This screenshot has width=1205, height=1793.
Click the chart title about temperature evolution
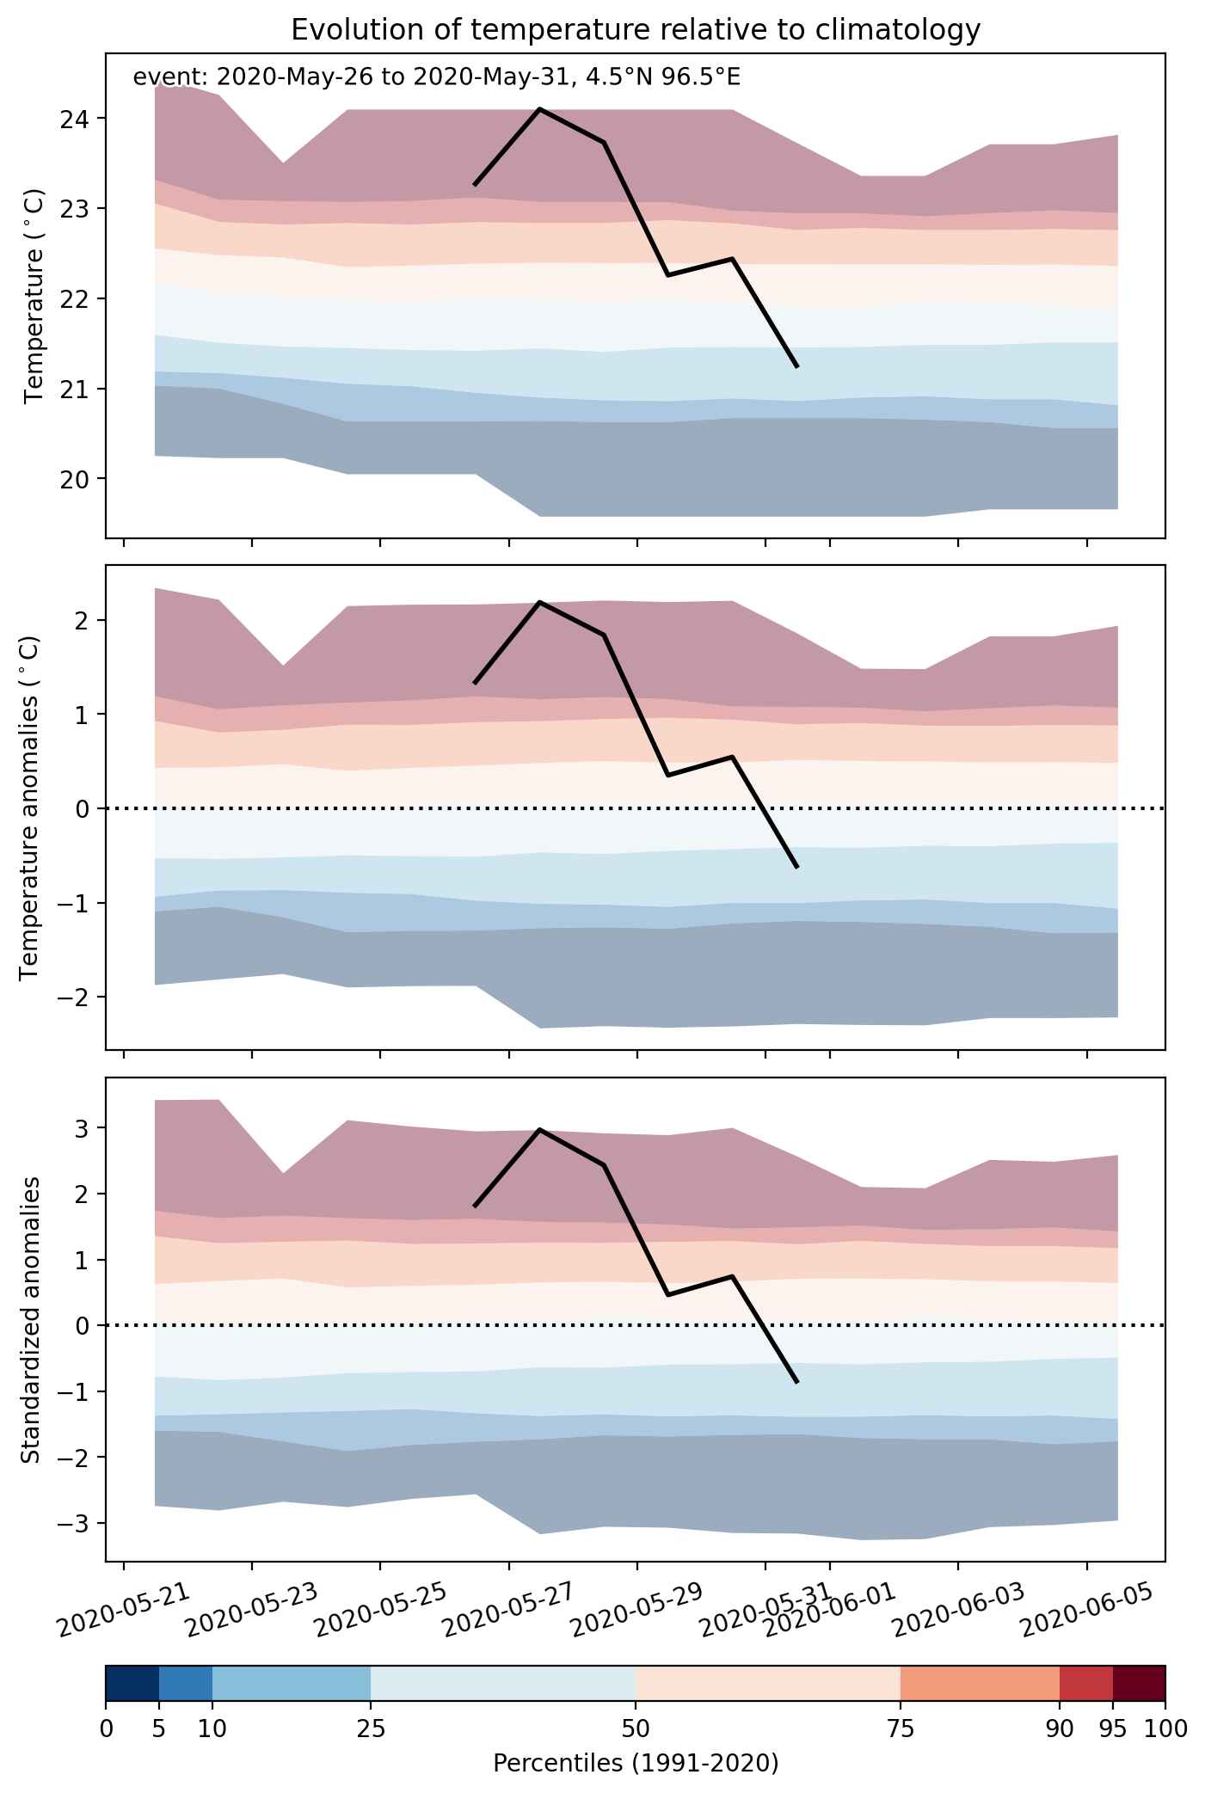point(636,30)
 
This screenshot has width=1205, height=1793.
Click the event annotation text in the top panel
point(436,78)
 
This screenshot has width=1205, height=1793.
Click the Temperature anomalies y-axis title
point(30,807)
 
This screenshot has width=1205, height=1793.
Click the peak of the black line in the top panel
point(539,109)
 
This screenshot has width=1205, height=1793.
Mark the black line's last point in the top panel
point(796,366)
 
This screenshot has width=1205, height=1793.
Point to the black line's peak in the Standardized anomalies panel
point(539,1129)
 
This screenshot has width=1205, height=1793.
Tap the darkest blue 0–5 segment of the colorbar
point(132,1683)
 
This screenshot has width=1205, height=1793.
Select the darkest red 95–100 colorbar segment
point(1139,1683)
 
